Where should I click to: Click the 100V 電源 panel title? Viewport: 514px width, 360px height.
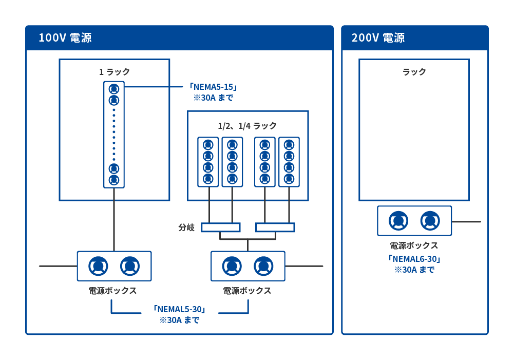[65, 38]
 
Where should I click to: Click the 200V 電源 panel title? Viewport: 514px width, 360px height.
[378, 38]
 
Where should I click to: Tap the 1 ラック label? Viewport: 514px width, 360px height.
[115, 72]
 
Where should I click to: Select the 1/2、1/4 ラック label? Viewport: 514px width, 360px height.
[248, 126]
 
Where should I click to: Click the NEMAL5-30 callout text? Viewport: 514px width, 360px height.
[179, 309]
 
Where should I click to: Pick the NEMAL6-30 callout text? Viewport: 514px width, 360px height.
[414, 259]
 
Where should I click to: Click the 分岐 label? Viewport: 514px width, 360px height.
[186, 227]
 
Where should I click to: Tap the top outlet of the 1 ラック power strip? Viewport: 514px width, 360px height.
[114, 88]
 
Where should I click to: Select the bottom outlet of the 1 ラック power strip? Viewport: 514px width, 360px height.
[114, 180]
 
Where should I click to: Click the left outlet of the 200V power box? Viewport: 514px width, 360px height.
[398, 221]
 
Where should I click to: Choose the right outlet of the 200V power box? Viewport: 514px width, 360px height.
[430, 221]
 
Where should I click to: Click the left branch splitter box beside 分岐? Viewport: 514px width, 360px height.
[220, 227]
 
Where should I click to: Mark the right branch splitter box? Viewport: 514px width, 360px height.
[275, 227]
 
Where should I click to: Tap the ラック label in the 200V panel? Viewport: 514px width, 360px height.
[414, 72]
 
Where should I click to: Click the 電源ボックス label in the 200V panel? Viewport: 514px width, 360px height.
[414, 245]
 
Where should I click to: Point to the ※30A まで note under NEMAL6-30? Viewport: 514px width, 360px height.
[414, 270]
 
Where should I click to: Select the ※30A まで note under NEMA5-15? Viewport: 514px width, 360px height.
[213, 98]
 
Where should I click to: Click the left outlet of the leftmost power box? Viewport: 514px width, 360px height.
[98, 266]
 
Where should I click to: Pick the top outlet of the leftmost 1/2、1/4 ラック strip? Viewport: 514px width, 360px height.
[208, 145]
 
